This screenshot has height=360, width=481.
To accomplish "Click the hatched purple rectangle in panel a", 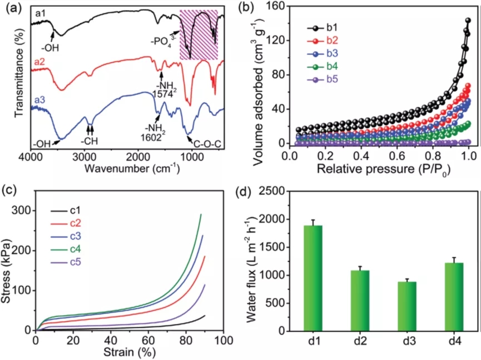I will pos(199,34).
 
